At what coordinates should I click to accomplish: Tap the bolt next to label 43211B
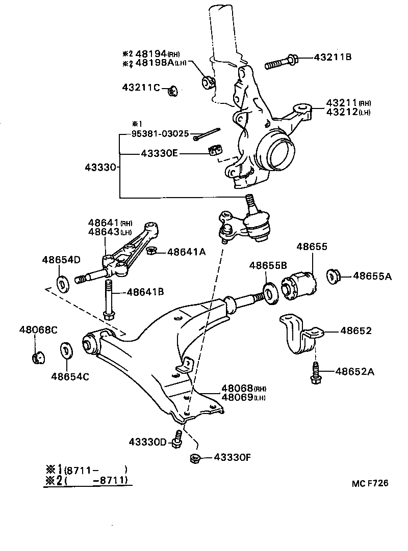[280, 64]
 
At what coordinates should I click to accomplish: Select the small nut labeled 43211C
[172, 91]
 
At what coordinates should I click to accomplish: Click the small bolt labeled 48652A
[315, 372]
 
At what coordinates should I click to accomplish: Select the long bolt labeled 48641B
[108, 300]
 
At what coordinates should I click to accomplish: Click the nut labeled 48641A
[151, 251]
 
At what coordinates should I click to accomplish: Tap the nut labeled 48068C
[37, 357]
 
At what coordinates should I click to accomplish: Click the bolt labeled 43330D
[177, 439]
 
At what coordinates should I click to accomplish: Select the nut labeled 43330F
[194, 458]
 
